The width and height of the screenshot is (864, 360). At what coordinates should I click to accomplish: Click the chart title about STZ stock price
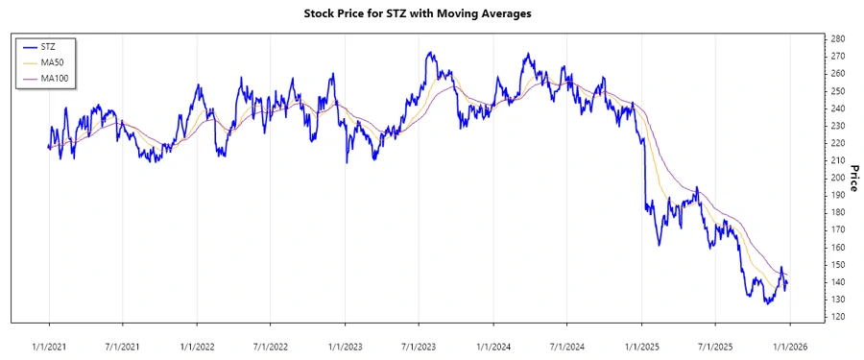coord(431,14)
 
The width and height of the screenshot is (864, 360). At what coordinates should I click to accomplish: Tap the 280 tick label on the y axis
coord(837,38)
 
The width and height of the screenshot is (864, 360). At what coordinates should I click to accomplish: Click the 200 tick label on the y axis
coord(837,178)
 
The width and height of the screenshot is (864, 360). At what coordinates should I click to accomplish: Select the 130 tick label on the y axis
coord(837,300)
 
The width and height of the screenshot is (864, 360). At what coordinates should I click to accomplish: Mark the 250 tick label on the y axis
coord(837,91)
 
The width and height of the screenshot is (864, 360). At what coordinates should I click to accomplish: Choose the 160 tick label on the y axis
coord(837,247)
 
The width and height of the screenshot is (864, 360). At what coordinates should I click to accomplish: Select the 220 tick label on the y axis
coord(837,143)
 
